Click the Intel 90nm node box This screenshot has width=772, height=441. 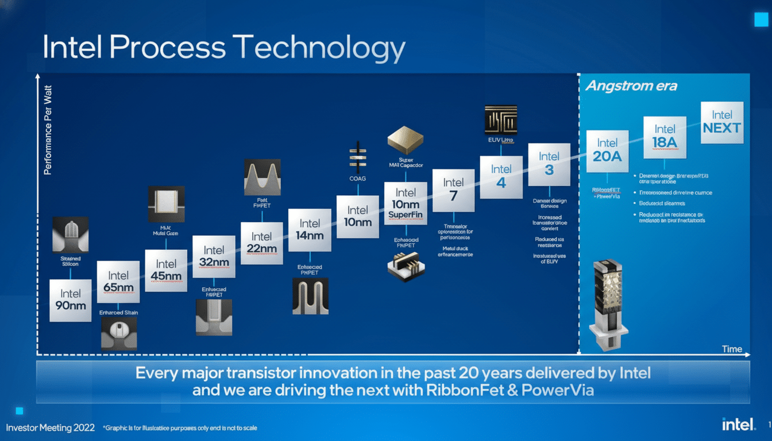pos(70,300)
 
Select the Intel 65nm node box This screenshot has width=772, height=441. pos(118,282)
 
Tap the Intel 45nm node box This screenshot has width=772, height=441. pos(166,270)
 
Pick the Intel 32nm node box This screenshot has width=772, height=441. pos(214,257)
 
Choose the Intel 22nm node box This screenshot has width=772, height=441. pos(261,243)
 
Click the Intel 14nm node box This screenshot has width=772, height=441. pos(310,230)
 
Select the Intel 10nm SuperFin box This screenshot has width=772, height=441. pos(406,204)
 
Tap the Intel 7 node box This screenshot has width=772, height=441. pos(453,190)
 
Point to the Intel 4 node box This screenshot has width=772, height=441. pos(501,177)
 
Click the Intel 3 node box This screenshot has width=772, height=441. pos(549,164)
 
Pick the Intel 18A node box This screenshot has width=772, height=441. pos(665,137)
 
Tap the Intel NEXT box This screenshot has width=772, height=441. pos(722,122)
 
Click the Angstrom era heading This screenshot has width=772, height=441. pos(631,86)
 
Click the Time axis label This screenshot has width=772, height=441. pos(732,349)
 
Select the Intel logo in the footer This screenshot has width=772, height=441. pos(738,424)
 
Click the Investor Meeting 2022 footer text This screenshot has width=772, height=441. pos(48,428)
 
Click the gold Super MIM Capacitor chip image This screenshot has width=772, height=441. pos(406,140)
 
